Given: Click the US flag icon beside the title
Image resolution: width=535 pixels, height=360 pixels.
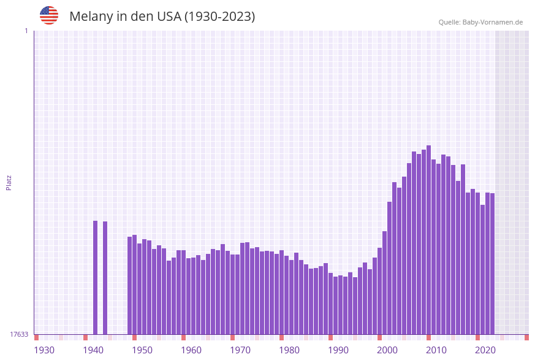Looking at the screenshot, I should pyautogui.click(x=49, y=15).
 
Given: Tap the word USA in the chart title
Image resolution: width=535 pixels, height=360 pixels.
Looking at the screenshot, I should pyautogui.click(x=169, y=17).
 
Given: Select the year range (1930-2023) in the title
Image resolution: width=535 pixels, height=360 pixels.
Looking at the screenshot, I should pyautogui.click(x=219, y=17).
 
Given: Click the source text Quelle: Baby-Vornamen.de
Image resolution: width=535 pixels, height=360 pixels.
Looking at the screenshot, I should pyautogui.click(x=480, y=22).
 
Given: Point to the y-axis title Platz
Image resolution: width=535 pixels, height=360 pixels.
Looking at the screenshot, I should pyautogui.click(x=9, y=182).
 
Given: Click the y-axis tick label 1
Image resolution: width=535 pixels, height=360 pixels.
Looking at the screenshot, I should pyautogui.click(x=26, y=31).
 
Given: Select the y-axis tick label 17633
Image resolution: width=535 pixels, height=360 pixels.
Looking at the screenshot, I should pyautogui.click(x=19, y=334).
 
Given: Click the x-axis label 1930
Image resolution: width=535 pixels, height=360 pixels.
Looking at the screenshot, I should pyautogui.click(x=44, y=350).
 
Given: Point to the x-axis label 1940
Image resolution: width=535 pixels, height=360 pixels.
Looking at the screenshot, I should pyautogui.click(x=93, y=350).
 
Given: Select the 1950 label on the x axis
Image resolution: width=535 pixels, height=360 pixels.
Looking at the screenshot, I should pyautogui.click(x=142, y=350).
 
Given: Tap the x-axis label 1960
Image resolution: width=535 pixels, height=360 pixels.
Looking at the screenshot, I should pyautogui.click(x=191, y=350).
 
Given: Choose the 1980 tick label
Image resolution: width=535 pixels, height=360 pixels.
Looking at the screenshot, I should pyautogui.click(x=289, y=350).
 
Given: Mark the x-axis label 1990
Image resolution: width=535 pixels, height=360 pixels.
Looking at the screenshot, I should pyautogui.click(x=338, y=350).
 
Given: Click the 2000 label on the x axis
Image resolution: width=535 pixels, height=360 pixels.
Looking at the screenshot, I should pyautogui.click(x=387, y=350).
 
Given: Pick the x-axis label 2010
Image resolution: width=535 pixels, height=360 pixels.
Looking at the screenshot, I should pyautogui.click(x=436, y=350).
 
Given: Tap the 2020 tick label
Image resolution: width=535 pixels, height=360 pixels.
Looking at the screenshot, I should pyautogui.click(x=485, y=350).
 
